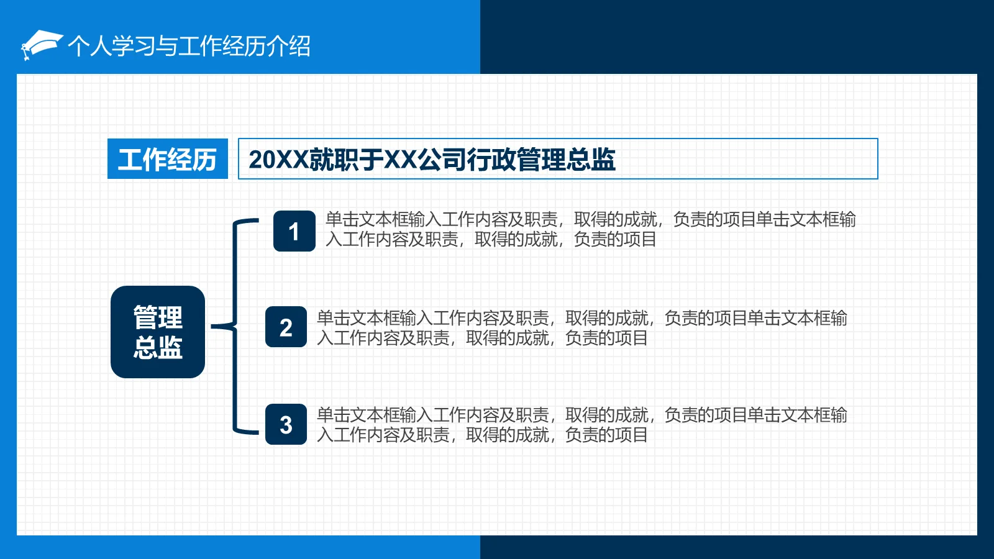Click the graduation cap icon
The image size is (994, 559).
41,45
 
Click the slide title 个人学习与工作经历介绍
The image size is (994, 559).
189,46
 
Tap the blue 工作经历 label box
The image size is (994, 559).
167,159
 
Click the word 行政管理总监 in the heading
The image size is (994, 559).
541,160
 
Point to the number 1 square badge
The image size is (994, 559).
294,231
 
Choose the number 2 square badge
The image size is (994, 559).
286,327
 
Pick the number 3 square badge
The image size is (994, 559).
286,424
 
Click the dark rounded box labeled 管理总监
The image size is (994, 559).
158,332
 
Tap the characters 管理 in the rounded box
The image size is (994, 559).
158,317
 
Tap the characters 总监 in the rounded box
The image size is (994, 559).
158,347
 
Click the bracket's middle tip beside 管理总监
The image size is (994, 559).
217,326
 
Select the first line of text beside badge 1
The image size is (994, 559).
590,219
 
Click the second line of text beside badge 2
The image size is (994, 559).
482,338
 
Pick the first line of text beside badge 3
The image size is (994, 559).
581,415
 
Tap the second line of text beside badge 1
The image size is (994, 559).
491,239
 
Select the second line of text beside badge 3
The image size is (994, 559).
482,435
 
